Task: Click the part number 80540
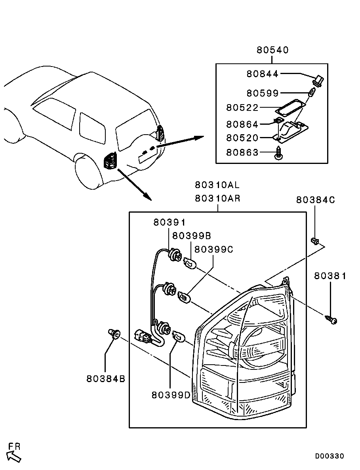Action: point(272,50)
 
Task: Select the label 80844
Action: point(263,74)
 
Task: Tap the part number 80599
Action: point(263,93)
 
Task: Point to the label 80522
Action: point(242,108)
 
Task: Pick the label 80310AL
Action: point(217,185)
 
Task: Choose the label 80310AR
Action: point(217,198)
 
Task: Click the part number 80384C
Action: point(316,200)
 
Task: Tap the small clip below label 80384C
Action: point(314,240)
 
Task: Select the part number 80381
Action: point(330,276)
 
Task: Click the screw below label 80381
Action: point(331,319)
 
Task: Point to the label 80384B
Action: point(106,379)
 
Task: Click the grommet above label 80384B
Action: point(114,334)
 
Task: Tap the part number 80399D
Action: point(171,395)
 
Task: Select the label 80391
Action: point(170,223)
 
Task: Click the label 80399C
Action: point(214,249)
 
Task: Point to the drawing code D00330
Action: point(330,456)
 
